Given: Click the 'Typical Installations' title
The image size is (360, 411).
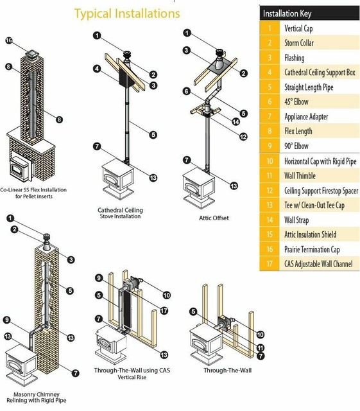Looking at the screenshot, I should click(x=126, y=13).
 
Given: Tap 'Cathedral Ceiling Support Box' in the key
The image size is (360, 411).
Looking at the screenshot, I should click(x=320, y=73).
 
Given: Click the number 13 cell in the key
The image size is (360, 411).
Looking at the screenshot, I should click(x=270, y=205).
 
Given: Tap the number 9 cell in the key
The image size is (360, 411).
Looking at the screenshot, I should click(x=270, y=146).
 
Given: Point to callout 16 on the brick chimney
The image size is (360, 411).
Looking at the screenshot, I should click(x=9, y=40).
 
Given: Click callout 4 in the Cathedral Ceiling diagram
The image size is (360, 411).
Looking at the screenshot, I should click(x=96, y=68).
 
